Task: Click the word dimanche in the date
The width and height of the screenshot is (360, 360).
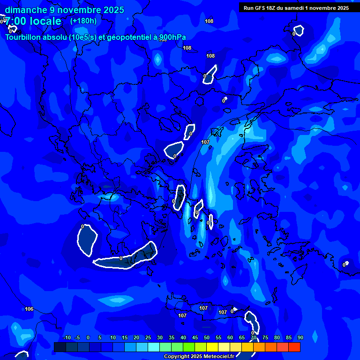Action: pyautogui.click(x=25, y=10)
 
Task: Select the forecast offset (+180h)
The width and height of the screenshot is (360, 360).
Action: pyautogui.click(x=83, y=21)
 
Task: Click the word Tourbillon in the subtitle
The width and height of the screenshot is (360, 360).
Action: pyautogui.click(x=24, y=37)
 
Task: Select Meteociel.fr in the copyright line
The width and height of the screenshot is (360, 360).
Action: pyautogui.click(x=222, y=357)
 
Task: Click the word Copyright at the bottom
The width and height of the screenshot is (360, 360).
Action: pyautogui.click(x=177, y=357)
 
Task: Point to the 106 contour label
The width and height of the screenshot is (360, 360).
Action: pyautogui.click(x=29, y=309)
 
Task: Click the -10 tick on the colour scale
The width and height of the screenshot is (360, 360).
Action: pyautogui.click(x=67, y=338)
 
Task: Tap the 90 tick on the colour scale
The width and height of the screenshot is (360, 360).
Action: pyautogui.click(x=300, y=338)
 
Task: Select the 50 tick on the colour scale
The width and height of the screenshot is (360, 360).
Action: pyautogui.click(x=207, y=338)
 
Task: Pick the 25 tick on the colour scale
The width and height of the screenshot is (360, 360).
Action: pyautogui.click(x=148, y=338)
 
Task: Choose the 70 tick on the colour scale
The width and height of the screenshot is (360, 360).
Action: pyautogui.click(x=254, y=338)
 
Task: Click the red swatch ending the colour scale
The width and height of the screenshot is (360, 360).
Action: pyautogui.click(x=294, y=347)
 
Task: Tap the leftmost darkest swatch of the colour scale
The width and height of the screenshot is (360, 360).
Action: pyautogui.click(x=60, y=347)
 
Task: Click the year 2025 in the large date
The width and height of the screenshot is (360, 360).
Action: pyautogui.click(x=113, y=10)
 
